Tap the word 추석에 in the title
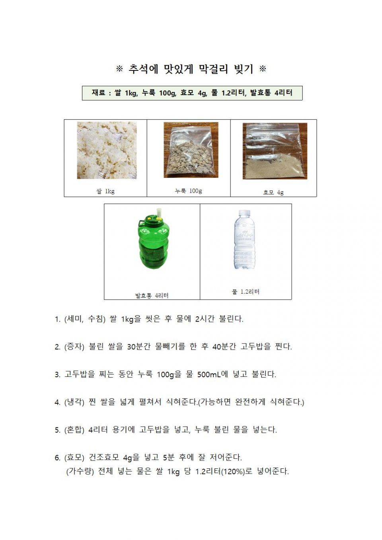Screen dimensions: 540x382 click(143, 69)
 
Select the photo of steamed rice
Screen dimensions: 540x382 click(107, 150)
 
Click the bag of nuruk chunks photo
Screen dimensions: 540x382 click(191, 150)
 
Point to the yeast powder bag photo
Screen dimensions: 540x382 click(275, 151)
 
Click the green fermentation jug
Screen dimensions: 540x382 click(154, 243)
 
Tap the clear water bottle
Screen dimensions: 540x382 click(244, 240)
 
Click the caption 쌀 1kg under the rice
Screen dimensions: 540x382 click(105, 191)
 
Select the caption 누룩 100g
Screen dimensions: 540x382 click(189, 191)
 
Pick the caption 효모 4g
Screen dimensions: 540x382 click(273, 193)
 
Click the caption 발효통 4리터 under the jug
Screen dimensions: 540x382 click(152, 296)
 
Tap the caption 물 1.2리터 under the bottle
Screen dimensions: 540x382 click(246, 292)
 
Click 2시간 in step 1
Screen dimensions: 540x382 click(205, 319)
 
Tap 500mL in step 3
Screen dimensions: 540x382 click(209, 374)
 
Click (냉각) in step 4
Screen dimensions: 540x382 click(74, 402)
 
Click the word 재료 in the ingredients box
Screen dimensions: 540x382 click(98, 93)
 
